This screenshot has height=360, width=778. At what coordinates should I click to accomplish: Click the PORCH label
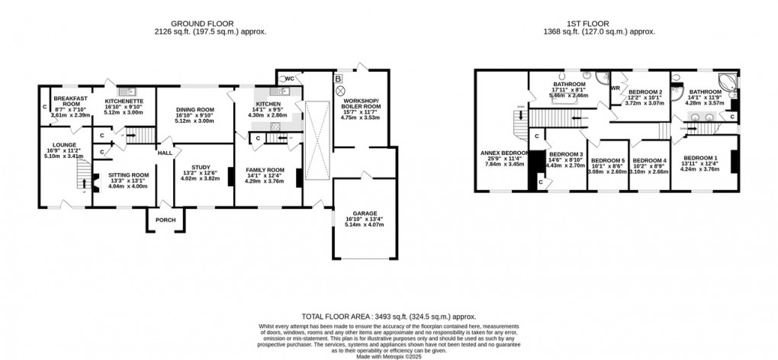pos(165,220)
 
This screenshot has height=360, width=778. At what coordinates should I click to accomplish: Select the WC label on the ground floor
pos(291,79)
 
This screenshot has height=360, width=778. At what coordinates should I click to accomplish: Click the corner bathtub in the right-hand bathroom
pos(725,82)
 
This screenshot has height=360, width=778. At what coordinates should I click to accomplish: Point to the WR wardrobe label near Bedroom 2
pos(615,87)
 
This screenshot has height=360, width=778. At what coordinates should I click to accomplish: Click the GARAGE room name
pos(365,214)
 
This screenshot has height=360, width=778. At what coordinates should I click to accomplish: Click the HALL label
pos(165,153)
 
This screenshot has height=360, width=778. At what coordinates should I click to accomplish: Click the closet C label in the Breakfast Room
pos(44,106)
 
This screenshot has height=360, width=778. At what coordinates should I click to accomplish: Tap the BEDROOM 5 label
pos(607,160)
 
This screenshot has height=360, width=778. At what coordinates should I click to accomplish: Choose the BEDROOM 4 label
pos(651,160)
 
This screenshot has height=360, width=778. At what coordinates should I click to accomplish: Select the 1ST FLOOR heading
pos(607,24)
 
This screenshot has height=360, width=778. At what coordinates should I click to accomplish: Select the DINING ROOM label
pos(194,110)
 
